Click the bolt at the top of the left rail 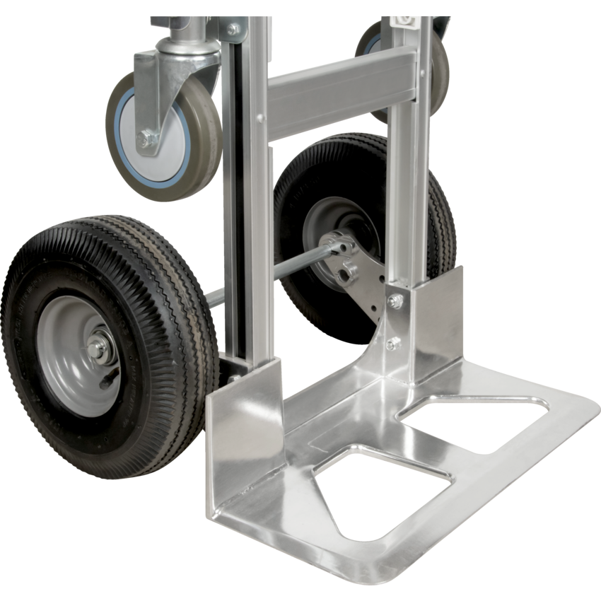[x=233, y=29]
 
